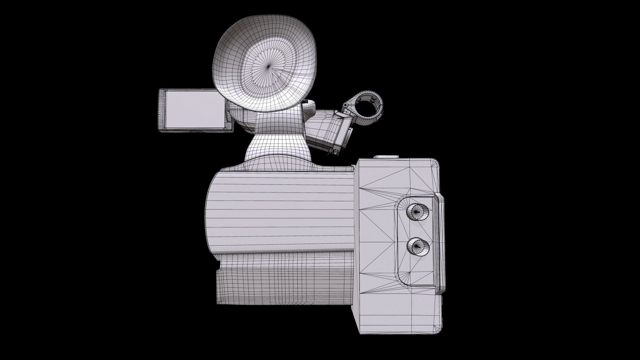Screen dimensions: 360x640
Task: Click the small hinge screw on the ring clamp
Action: click(x=345, y=106)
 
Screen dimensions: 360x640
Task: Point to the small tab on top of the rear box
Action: click(x=386, y=157)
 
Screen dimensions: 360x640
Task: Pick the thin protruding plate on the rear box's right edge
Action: click(x=441, y=243)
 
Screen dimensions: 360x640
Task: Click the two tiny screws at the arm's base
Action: click(x=333, y=151)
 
